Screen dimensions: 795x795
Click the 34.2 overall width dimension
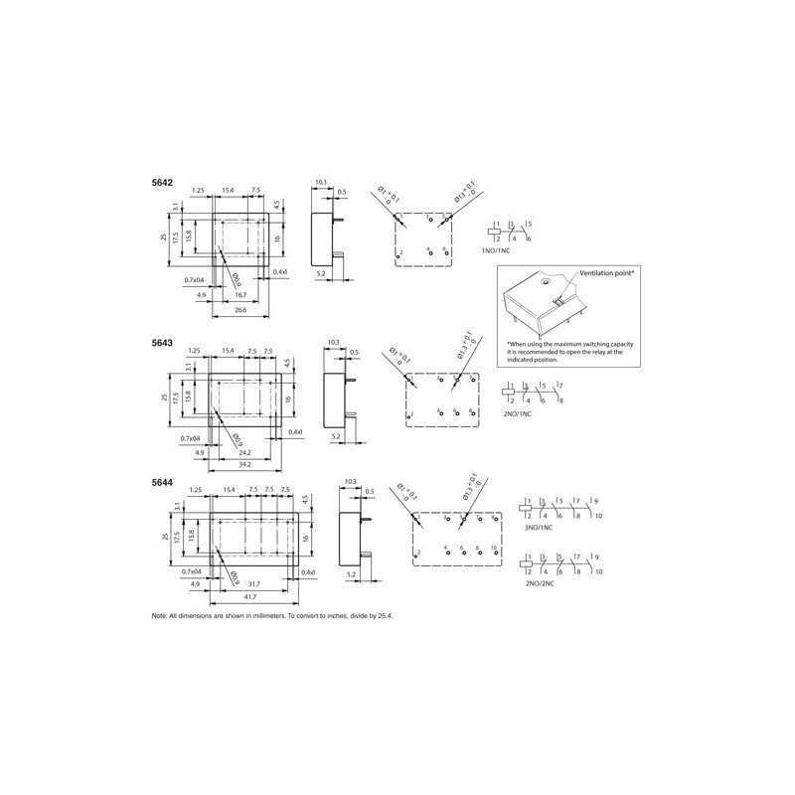click(244, 464)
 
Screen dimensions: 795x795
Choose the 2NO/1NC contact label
click(519, 412)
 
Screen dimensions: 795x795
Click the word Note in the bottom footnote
click(158, 616)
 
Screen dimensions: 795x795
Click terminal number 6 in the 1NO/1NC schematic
click(530, 238)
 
